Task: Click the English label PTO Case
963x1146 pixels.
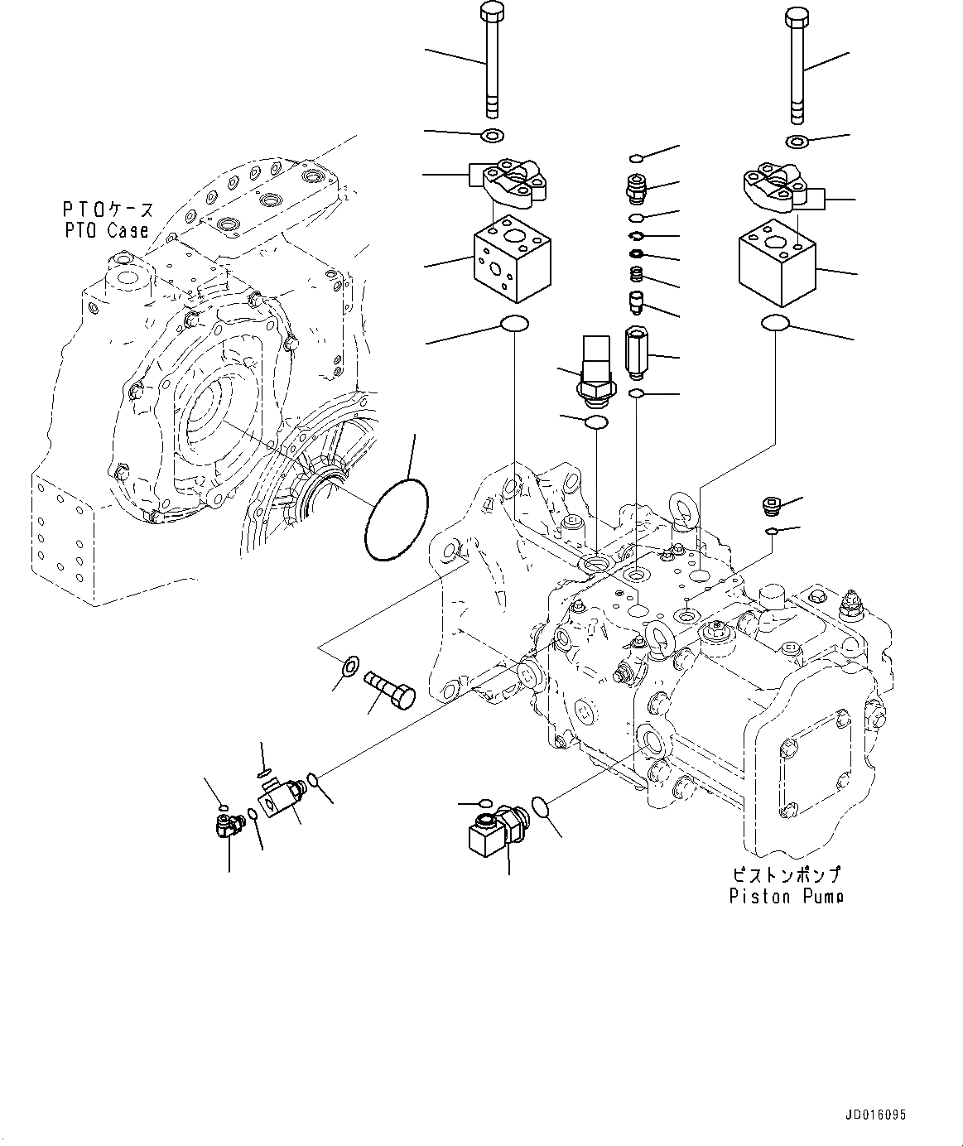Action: click(x=108, y=231)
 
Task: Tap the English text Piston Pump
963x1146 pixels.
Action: click(x=786, y=896)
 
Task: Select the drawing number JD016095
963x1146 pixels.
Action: click(x=876, y=1115)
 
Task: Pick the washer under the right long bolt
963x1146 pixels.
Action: click(x=797, y=142)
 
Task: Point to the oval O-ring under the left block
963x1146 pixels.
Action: click(x=514, y=324)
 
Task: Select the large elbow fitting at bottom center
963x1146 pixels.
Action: click(x=493, y=833)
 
